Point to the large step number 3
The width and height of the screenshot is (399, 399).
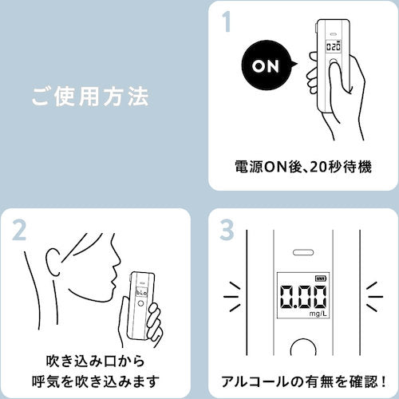[x=227, y=233]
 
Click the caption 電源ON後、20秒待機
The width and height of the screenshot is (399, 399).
[x=303, y=168]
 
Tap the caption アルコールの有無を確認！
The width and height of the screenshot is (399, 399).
[x=303, y=377]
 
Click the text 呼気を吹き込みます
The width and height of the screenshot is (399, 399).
[x=94, y=377]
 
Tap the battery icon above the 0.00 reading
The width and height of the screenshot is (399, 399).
[x=320, y=277]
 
